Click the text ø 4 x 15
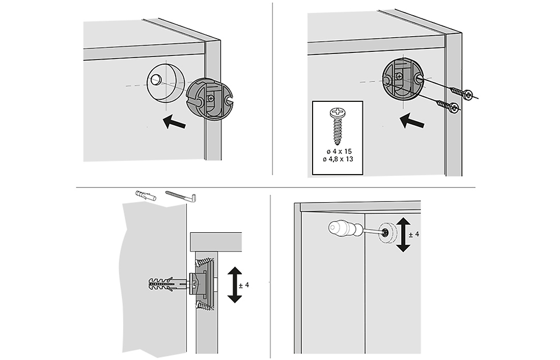pyautogui.click(x=338, y=152)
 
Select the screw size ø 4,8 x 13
pyautogui.click(x=338, y=159)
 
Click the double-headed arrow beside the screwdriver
pyautogui.click(x=403, y=234)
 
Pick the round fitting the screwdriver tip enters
pyautogui.click(x=388, y=233)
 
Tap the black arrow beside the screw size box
pyautogui.click(x=412, y=122)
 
